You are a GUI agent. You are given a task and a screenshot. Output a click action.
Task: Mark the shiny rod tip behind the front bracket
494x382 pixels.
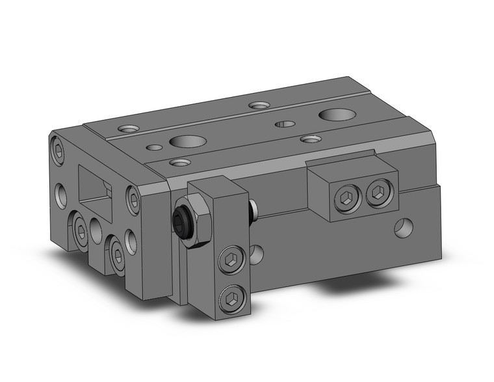(253, 210)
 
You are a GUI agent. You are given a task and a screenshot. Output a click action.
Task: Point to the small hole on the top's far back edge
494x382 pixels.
(259, 104)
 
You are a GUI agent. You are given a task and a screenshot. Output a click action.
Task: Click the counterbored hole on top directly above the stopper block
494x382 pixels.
(309, 139)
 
